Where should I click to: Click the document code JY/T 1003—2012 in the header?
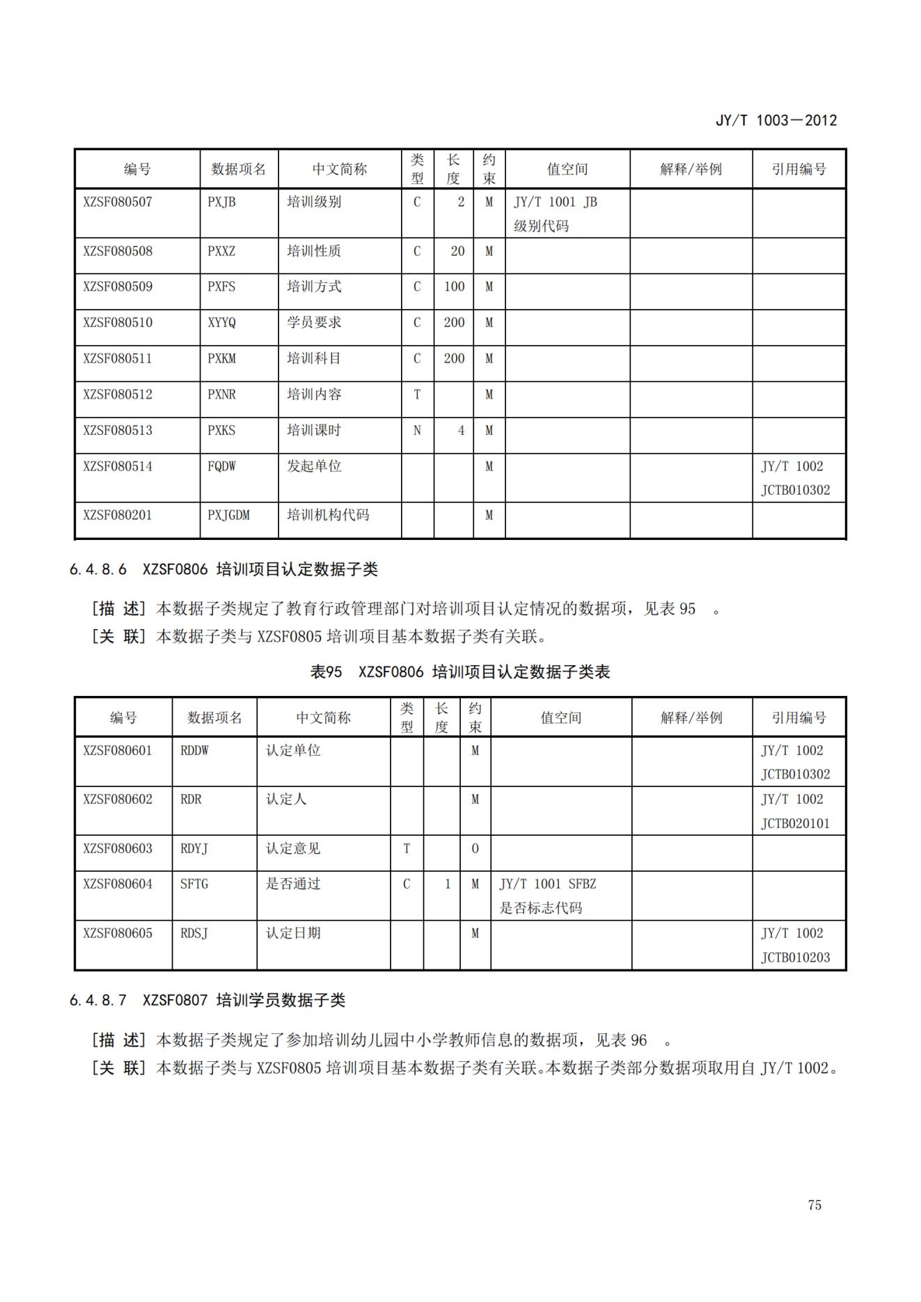[x=776, y=120]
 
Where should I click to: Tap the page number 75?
[x=814, y=1205]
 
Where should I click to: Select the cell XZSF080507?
[x=118, y=203]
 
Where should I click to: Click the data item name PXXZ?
[x=221, y=251]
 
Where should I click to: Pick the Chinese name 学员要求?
[x=314, y=323]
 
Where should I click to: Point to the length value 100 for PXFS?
[x=454, y=287]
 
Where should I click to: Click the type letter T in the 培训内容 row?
[x=417, y=395]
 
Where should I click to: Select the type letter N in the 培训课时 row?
[x=417, y=431]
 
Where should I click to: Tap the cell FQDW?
[x=221, y=466]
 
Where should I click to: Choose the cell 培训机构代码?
[x=328, y=516]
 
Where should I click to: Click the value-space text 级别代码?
[x=541, y=226]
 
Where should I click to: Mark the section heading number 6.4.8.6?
[x=98, y=569]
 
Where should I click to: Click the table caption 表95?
[x=326, y=672]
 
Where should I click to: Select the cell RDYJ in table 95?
[x=194, y=849]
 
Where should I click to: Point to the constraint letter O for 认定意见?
[x=475, y=849]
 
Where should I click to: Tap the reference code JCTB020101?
[x=795, y=824]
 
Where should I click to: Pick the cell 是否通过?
[x=293, y=884]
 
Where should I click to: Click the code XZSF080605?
[x=118, y=933]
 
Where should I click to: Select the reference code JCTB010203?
[x=795, y=958]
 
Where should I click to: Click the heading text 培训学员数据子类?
[x=281, y=1001]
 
